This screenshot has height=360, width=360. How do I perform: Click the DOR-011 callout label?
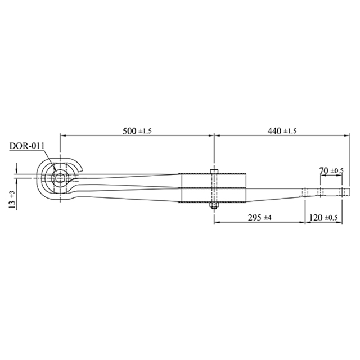[x=26, y=146]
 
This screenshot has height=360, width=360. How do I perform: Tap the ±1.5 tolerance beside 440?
[x=290, y=131]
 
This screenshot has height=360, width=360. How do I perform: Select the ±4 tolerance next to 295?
[x=267, y=218]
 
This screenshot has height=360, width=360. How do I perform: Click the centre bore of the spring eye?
[x=60, y=178]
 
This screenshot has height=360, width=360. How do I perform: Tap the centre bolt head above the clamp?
[x=214, y=170]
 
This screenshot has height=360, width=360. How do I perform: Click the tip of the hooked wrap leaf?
[x=83, y=166]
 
